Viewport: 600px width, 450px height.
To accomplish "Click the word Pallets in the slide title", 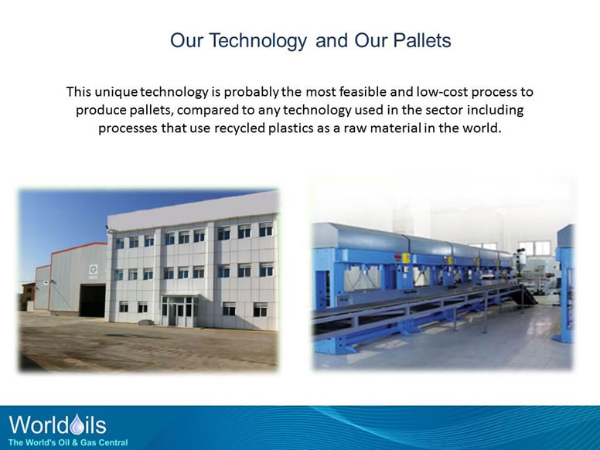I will [x=414, y=40].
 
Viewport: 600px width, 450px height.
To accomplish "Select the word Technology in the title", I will [x=256, y=40].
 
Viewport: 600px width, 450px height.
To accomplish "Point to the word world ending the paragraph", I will [x=482, y=128].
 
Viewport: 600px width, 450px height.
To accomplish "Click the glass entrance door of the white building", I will [x=176, y=312].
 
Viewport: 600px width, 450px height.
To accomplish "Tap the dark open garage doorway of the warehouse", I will [x=92, y=300].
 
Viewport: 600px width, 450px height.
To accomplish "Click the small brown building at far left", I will [x=26, y=296].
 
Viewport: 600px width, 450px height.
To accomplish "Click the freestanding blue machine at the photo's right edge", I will [x=566, y=286].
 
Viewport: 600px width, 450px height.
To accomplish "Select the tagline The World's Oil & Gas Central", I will [x=68, y=442].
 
